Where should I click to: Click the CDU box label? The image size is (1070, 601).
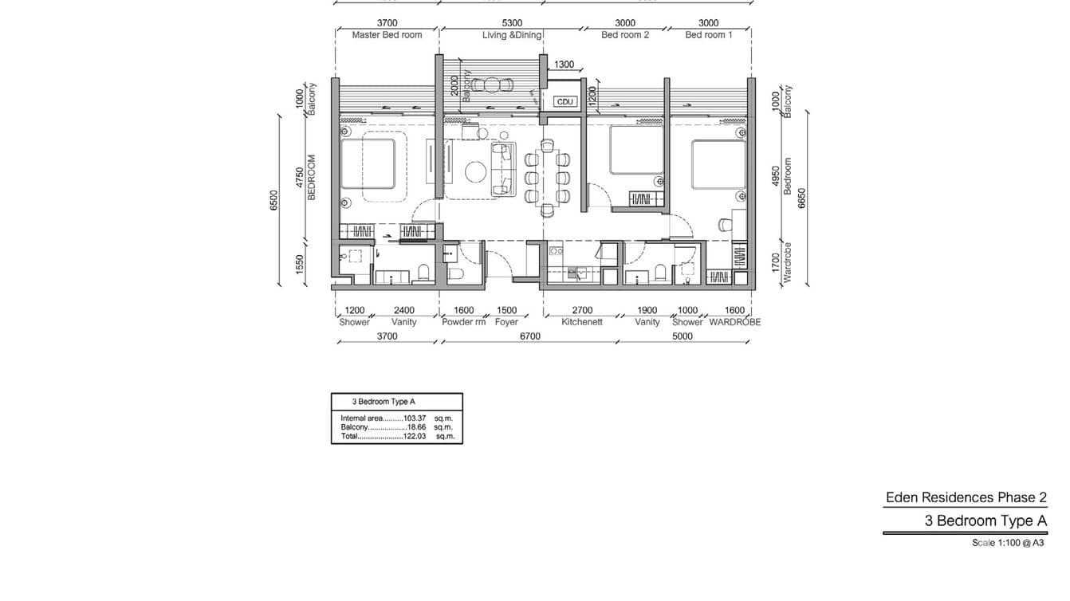point(565,102)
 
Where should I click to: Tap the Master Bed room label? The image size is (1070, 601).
point(387,35)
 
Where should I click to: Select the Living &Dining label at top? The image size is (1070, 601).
point(512,35)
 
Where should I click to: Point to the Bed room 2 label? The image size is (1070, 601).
point(625,35)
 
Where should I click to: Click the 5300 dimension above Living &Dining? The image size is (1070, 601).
point(512,23)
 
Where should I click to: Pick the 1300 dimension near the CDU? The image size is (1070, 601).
point(564,65)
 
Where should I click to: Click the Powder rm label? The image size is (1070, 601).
point(463,322)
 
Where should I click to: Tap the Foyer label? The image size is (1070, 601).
point(506,322)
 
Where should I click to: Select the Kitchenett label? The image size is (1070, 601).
point(582,322)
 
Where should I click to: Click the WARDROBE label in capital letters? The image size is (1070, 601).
point(734,322)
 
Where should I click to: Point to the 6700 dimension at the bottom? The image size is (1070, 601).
point(530,336)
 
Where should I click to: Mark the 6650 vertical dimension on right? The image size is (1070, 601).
point(803,198)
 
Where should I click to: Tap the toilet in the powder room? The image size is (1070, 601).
point(456,273)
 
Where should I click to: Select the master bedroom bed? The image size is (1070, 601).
point(368,164)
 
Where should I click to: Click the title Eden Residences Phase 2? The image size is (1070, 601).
point(966,497)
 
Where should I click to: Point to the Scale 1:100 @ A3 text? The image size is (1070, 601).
point(1008,543)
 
